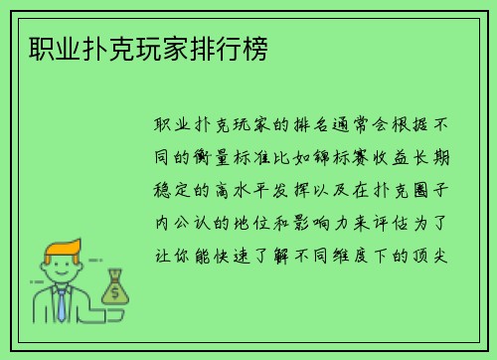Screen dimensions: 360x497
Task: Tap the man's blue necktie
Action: (x=61, y=304)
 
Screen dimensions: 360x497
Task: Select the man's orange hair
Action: (x=61, y=249)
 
